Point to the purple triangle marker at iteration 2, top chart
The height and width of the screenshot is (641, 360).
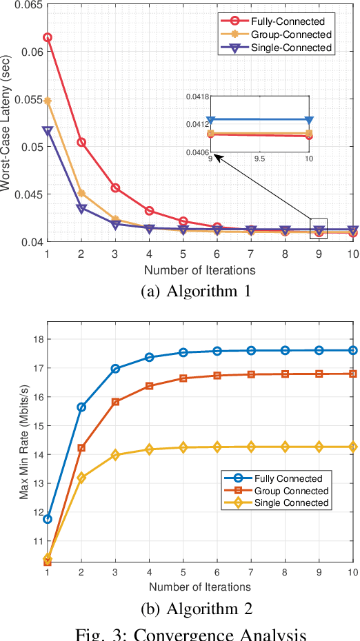81,209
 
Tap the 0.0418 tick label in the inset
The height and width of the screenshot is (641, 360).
197,97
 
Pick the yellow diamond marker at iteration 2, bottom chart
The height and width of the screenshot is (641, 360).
81,477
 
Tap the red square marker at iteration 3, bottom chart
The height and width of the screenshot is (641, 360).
115,401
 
